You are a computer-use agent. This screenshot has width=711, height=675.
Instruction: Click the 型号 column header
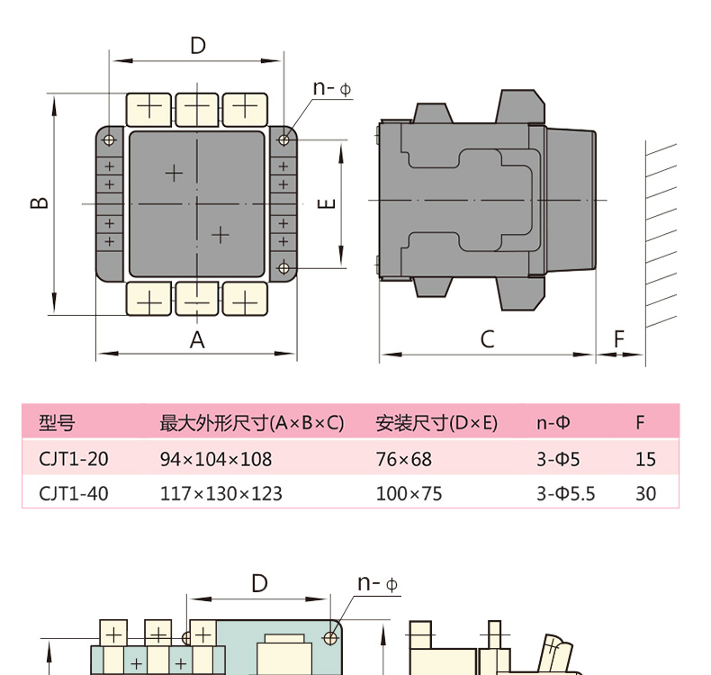click(57, 423)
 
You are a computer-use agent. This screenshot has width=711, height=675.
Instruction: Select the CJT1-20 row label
click(74, 459)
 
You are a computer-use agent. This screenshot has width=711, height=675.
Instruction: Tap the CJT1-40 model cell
click(74, 493)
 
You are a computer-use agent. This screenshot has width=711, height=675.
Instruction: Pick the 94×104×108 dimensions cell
click(215, 459)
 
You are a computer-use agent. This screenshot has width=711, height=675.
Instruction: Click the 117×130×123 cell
click(220, 493)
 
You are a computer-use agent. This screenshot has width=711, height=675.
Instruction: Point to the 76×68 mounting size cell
click(403, 459)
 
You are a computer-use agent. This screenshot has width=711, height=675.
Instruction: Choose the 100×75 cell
click(409, 493)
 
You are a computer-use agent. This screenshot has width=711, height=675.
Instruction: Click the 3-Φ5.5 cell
click(565, 493)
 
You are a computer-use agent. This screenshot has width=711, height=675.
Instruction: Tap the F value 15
click(645, 459)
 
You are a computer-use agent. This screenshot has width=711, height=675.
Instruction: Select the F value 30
click(645, 493)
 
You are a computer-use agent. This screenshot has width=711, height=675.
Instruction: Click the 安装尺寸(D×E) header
click(436, 423)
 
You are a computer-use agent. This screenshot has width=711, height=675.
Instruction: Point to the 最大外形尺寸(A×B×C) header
click(251, 423)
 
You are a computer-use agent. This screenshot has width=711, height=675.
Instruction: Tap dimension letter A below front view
click(197, 339)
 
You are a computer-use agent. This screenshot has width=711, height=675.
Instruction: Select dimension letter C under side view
click(487, 339)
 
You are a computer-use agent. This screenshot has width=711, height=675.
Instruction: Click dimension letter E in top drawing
click(328, 203)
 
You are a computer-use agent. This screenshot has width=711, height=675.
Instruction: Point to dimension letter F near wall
click(619, 339)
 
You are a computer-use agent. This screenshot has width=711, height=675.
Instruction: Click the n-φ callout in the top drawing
click(332, 88)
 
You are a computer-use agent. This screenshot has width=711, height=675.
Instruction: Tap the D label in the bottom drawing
click(259, 583)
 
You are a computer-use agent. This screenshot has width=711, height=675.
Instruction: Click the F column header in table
click(640, 423)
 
